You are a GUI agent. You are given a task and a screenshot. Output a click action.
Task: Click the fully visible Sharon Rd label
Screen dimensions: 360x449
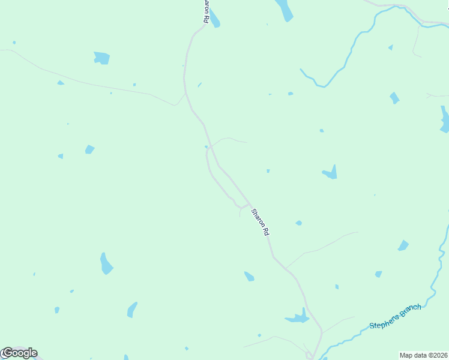point(260,221)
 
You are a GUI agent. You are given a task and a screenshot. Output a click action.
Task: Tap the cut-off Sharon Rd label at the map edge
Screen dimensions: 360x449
point(206,11)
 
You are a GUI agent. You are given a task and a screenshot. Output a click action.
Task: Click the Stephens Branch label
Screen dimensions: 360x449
point(395,316)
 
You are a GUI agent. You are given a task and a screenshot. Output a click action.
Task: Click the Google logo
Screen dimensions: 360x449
point(20,353)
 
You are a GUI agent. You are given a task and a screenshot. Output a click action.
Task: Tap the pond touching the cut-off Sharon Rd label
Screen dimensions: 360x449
point(214,20)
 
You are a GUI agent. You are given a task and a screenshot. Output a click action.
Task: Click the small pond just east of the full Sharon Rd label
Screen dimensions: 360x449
point(298,223)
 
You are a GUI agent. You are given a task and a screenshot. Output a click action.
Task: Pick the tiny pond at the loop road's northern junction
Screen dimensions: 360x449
point(206,146)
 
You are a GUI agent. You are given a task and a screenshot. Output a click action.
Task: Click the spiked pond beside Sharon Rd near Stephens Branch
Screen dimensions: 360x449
point(298,317)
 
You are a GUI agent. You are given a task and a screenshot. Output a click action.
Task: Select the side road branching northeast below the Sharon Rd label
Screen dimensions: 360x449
point(318,246)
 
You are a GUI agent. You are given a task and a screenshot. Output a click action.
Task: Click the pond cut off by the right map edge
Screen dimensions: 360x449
point(445,120)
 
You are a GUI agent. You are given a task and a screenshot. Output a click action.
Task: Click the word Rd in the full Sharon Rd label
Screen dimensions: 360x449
point(265,229)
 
